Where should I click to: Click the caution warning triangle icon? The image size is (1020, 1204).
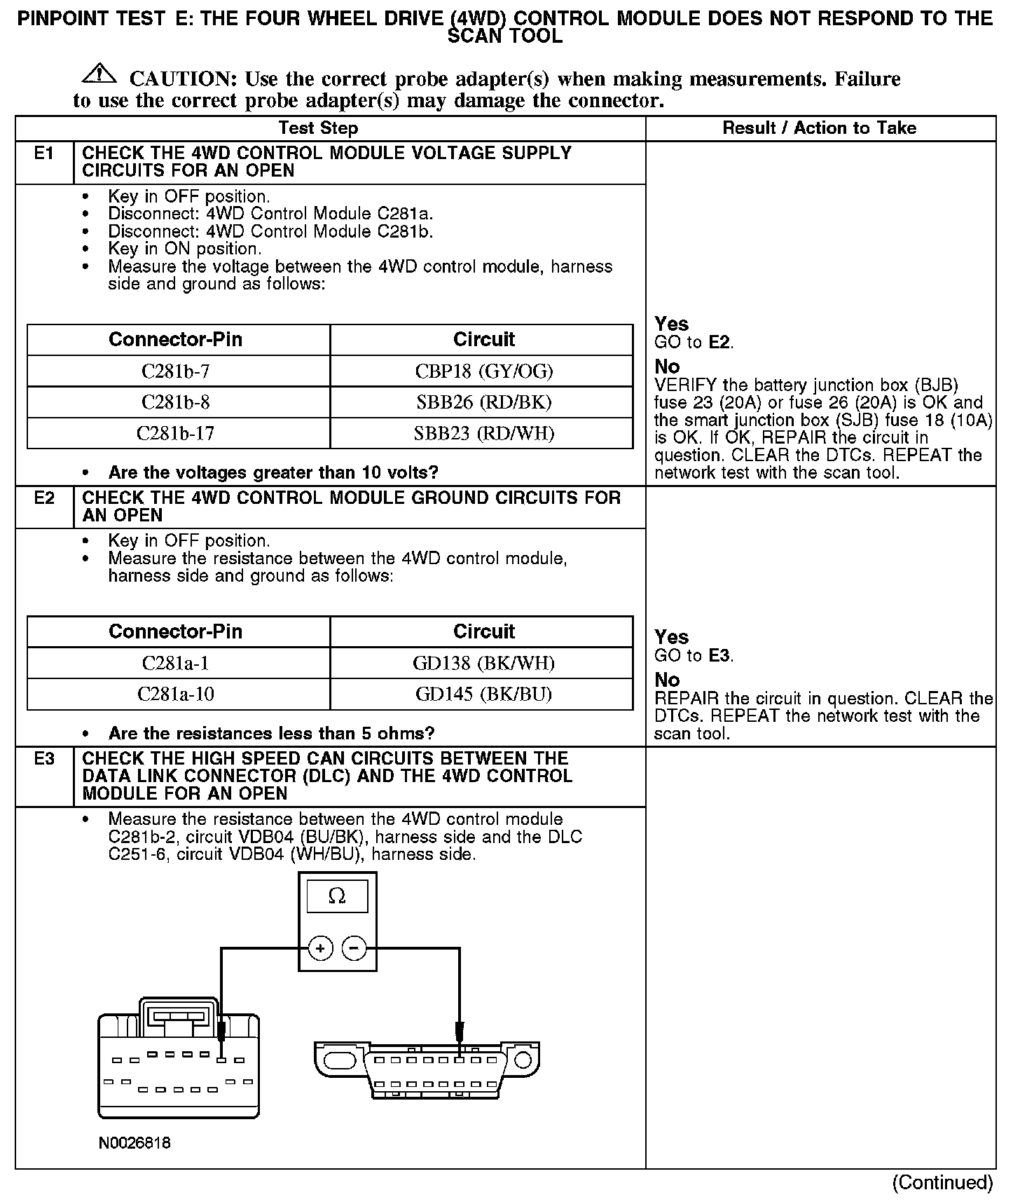(x=100, y=72)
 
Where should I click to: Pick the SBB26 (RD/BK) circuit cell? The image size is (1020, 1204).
(x=483, y=402)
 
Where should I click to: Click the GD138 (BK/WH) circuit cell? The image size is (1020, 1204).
(x=483, y=663)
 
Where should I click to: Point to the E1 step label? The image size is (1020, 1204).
(x=43, y=153)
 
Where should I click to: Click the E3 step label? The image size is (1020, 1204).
(x=43, y=759)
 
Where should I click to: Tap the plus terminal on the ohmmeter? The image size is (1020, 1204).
(x=320, y=949)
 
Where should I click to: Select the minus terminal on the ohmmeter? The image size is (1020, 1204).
(x=354, y=949)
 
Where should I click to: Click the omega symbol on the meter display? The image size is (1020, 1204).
(x=337, y=896)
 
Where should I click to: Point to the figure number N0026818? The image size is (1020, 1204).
(x=135, y=1143)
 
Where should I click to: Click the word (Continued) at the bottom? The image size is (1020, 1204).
(x=942, y=1183)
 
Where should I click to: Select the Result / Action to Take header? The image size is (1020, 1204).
(x=819, y=128)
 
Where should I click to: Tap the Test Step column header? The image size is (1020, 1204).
(x=318, y=128)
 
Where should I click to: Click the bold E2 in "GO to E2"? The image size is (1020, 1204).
(x=720, y=343)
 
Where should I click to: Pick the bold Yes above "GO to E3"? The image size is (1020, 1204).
(x=671, y=637)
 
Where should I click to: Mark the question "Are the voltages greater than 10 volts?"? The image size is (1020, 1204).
(x=273, y=472)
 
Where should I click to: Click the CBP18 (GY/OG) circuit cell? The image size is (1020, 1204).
(x=483, y=371)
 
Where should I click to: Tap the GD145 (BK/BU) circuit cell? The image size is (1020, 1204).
(x=483, y=694)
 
